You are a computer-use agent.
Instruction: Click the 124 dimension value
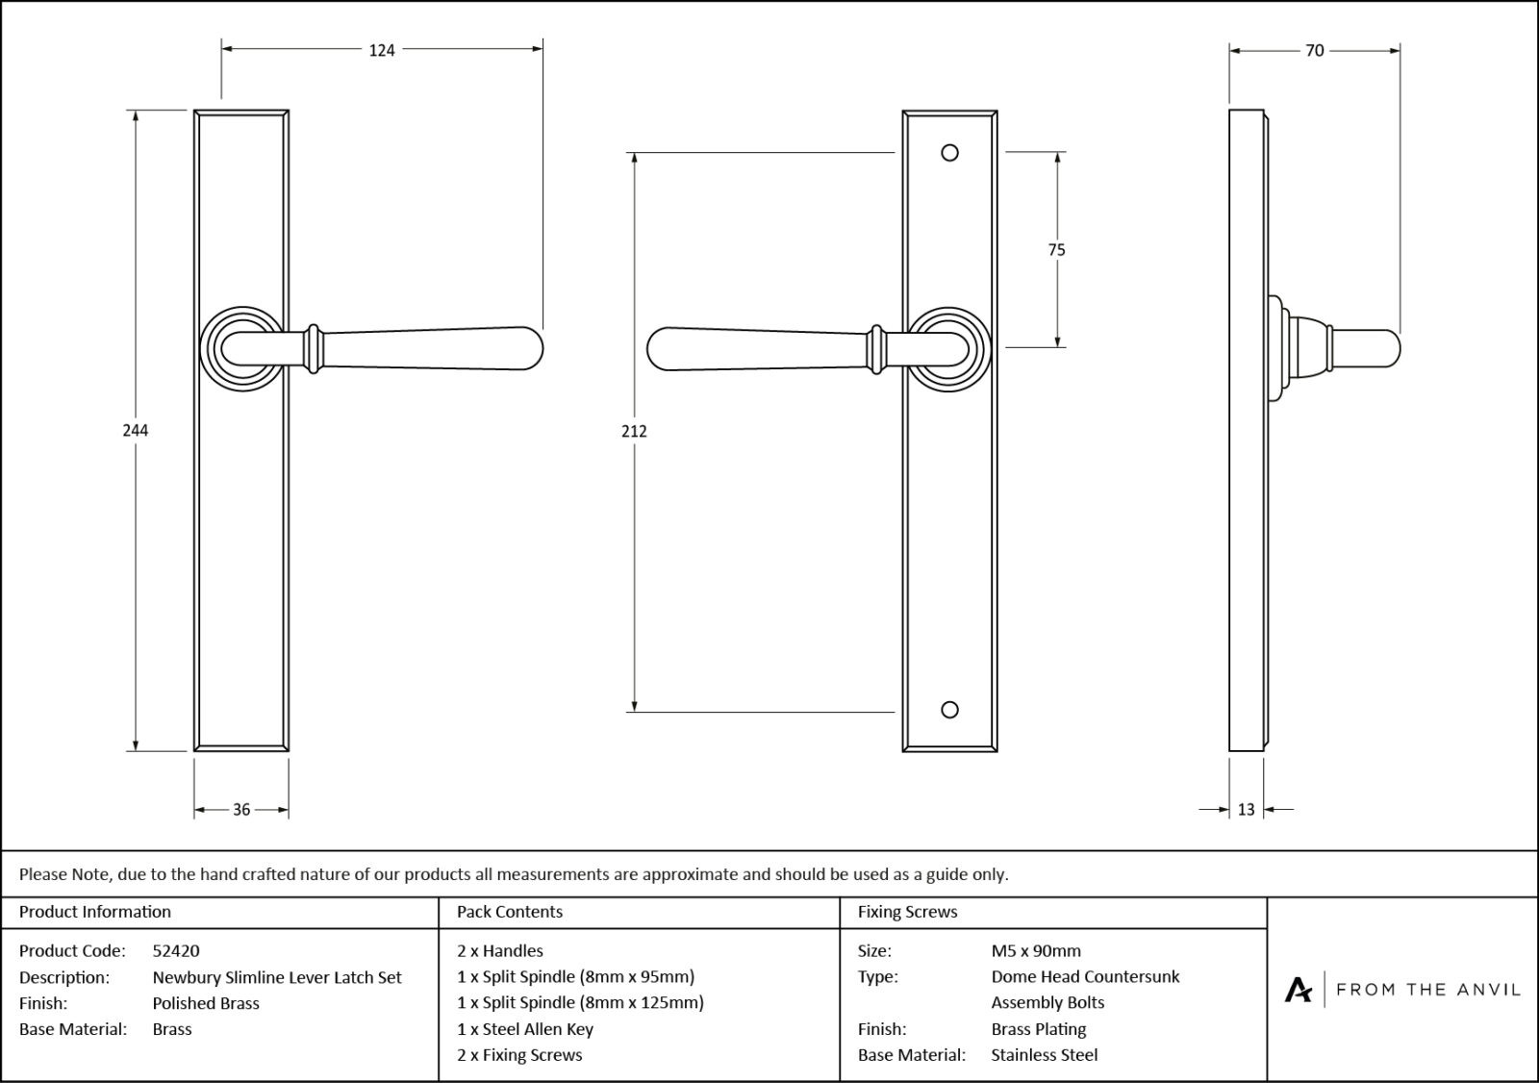point(382,50)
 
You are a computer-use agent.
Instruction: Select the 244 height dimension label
point(135,430)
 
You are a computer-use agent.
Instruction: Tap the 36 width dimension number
point(241,810)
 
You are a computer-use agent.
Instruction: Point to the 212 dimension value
point(634,431)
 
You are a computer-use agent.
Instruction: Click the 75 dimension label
point(1056,250)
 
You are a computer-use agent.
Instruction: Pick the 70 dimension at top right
point(1314,50)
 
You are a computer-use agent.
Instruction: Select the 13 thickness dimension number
point(1246,810)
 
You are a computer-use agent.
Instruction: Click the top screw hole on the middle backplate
point(949,153)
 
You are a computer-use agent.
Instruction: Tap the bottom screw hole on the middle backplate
point(949,710)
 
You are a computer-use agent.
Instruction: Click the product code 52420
point(176,950)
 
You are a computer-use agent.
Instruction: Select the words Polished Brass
point(206,1003)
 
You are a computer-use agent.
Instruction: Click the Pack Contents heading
point(510,912)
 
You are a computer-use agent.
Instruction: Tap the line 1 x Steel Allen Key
point(525,1029)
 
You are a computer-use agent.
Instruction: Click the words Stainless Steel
point(1044,1055)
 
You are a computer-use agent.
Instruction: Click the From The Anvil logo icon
point(1298,989)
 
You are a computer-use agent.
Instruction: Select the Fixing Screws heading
point(907,912)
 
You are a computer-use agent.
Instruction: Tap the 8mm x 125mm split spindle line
point(580,1002)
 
